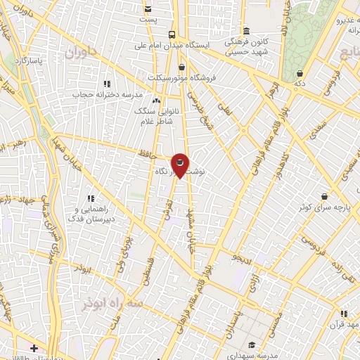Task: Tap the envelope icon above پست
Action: pyautogui.click(x=148, y=8)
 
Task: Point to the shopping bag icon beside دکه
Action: pyautogui.click(x=300, y=72)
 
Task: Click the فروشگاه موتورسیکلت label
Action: pyautogui.click(x=178, y=77)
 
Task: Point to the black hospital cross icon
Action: pyautogui.click(x=34, y=348)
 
